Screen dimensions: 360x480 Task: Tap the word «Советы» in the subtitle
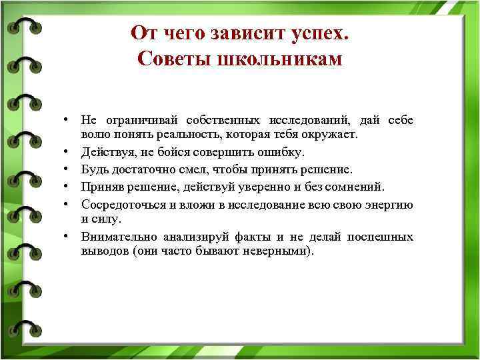pyautogui.click(x=168, y=59)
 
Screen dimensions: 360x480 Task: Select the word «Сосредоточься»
pyautogui.click(x=121, y=203)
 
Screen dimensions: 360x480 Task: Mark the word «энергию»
pyautogui.click(x=389, y=203)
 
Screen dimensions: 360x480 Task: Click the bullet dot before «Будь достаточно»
pyautogui.click(x=68, y=169)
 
